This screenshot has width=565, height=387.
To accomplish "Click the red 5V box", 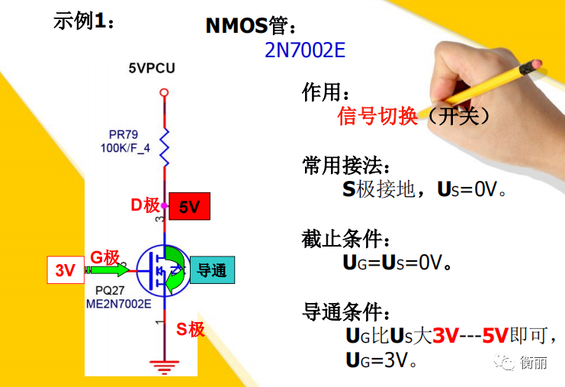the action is coord(190,206).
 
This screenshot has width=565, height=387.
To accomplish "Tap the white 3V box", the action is coord(66,269).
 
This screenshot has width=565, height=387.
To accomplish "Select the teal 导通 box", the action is coord(212,269).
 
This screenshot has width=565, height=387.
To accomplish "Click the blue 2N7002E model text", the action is coord(305,50).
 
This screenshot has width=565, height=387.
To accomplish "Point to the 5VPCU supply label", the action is coord(152,68).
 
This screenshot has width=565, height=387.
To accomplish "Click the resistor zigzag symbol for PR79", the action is coord(164,147).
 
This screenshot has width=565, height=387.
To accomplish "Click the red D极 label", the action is coord(145,205).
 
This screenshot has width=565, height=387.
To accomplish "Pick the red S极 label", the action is coord(191,329).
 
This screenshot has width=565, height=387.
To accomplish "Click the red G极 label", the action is coord(105,257).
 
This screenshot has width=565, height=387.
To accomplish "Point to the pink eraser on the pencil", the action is coord(536,64).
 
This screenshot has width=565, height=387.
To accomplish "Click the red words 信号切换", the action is coord(377,116).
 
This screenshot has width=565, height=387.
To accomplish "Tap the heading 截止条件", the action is coord(342,239).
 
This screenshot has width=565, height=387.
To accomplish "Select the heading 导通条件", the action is coord(342,312).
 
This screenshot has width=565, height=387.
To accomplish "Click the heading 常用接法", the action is coord(342,166).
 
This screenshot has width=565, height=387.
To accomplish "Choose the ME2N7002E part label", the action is coord(118,304).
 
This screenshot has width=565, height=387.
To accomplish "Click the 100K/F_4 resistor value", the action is coord(125,148).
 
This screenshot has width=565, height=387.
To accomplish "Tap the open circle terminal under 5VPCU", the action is coord(164,92).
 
